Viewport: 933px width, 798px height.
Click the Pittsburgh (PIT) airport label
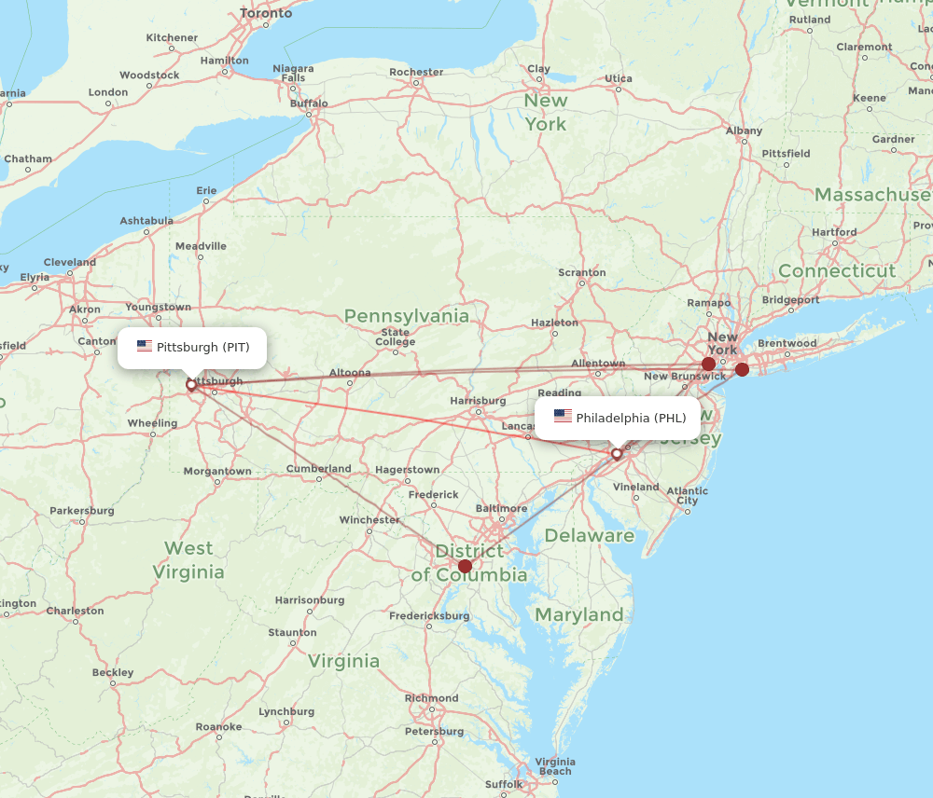coord(202,348)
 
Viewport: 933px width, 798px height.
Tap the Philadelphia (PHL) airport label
coord(631,418)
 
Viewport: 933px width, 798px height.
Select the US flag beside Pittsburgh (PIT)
coord(144,347)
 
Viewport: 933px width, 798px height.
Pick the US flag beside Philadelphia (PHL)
coord(563,417)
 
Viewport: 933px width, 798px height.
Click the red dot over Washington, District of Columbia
coord(465,566)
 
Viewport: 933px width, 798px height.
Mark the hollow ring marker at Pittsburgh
coord(191,384)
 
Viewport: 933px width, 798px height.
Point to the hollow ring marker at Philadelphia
coord(617,454)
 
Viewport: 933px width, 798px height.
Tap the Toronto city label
coord(266,13)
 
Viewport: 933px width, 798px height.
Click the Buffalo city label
coord(309,103)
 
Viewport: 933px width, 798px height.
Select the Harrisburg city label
coord(478,401)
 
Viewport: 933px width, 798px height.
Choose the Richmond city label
coord(432,698)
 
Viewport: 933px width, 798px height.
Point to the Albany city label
coord(744,131)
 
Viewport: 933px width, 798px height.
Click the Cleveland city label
coord(69,262)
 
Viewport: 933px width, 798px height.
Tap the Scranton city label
coord(582,272)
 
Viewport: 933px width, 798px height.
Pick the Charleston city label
coord(76,611)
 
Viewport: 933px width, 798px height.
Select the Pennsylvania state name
coord(407,316)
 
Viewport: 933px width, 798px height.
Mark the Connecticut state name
coord(837,270)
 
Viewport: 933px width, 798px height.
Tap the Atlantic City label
coord(688,495)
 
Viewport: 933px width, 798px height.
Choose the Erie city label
coord(206,190)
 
